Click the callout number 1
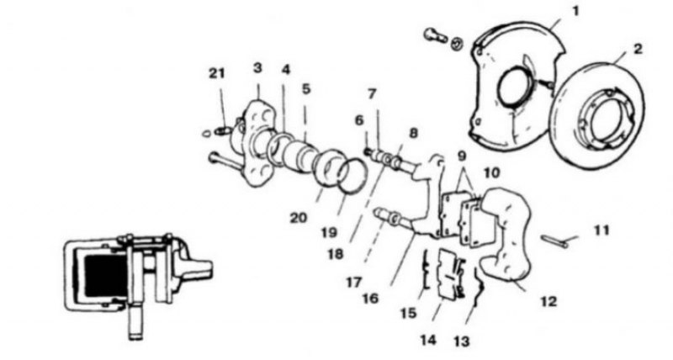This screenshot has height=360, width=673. click(575, 11)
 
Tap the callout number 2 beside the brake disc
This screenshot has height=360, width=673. click(639, 49)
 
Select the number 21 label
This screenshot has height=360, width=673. click(217, 73)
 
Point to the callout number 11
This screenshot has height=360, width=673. click(601, 230)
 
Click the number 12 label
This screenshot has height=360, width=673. click(548, 301)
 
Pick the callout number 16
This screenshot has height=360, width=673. click(370, 298)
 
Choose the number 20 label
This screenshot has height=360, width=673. click(299, 218)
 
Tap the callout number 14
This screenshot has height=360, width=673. click(428, 341)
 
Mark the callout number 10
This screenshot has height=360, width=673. click(491, 173)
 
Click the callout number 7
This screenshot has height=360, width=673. click(372, 93)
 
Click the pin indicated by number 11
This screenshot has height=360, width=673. click(554, 241)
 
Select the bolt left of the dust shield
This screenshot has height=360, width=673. click(435, 34)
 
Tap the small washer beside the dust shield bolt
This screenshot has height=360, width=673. click(457, 43)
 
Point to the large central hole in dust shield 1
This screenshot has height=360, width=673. click(513, 87)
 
